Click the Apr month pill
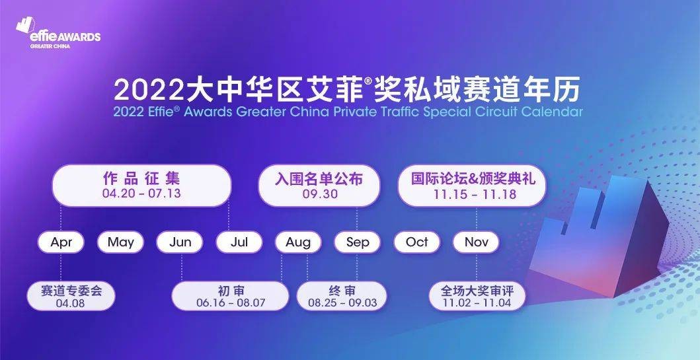[x=61, y=242]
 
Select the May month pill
[x=120, y=242]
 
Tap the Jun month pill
[x=180, y=242]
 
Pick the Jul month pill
[x=239, y=242]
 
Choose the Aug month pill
[x=298, y=242]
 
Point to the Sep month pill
[x=358, y=242]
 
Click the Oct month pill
[x=416, y=242]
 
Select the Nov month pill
[x=476, y=242]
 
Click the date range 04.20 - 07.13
[x=141, y=194]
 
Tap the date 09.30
[x=320, y=194]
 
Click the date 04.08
[x=71, y=303]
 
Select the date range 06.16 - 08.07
[x=231, y=303]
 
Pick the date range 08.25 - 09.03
[x=342, y=303]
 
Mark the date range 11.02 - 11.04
[x=477, y=303]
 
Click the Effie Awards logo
[x=59, y=34]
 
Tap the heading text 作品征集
[x=141, y=178]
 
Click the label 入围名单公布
[x=320, y=178]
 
